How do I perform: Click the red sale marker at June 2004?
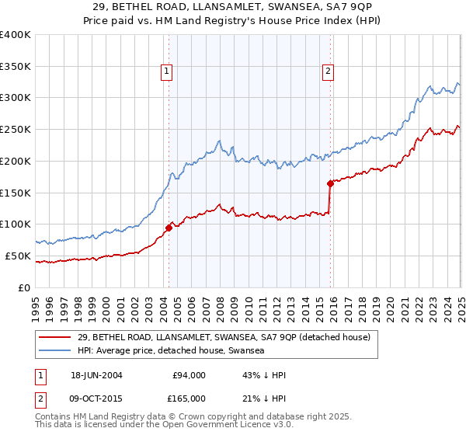pyautogui.click(x=169, y=228)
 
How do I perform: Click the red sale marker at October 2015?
pyautogui.click(x=330, y=183)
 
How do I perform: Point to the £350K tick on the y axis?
pyautogui.click(x=16, y=66)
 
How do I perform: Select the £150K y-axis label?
pyautogui.click(x=16, y=193)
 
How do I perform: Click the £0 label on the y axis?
pyautogui.click(x=23, y=287)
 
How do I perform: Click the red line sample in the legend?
pyautogui.click(x=55, y=336)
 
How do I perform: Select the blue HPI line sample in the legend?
pyautogui.click(x=55, y=350)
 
